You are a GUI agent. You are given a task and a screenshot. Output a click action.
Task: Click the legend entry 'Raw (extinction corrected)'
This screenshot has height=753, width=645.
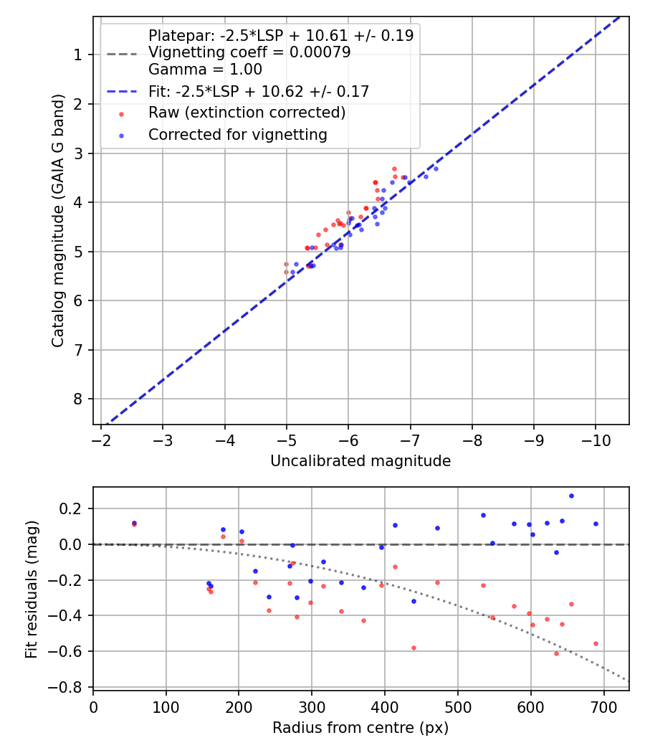tap(247, 113)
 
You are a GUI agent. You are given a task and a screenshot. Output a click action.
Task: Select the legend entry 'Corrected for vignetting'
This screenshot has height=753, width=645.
tap(237, 135)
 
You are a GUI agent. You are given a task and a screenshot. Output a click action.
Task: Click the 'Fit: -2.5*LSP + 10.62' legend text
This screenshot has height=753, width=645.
tap(259, 91)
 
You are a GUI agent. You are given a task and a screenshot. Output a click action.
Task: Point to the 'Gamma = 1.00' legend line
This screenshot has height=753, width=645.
tap(205, 70)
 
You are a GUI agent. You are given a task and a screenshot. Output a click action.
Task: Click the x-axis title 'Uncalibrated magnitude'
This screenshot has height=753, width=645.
tap(360, 461)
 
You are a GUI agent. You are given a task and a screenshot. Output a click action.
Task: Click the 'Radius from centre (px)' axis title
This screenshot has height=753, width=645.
tap(360, 728)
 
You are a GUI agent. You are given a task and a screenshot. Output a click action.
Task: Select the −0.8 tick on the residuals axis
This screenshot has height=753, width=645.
tap(70, 687)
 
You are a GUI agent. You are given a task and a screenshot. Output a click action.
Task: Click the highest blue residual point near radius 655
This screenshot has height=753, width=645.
tap(571, 496)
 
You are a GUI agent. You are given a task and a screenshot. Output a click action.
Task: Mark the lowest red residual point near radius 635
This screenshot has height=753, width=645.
tap(556, 653)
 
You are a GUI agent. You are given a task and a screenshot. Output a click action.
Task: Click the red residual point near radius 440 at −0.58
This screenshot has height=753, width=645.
tap(414, 648)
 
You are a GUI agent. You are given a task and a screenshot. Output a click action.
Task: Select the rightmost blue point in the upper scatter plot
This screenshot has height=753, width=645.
tap(436, 169)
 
